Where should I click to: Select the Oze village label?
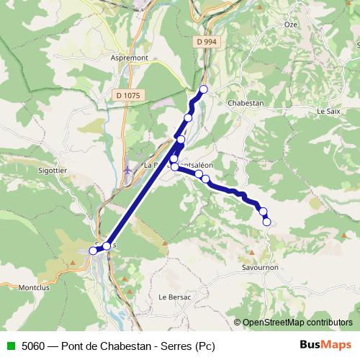[x=290, y=24]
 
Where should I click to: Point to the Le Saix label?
[x=328, y=112]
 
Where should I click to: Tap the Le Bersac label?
[x=173, y=297]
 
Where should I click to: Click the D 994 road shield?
[x=206, y=42]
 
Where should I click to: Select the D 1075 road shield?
[x=128, y=94]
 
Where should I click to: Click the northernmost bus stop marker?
[x=203, y=89]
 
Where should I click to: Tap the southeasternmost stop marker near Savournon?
[x=266, y=222]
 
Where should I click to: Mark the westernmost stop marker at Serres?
[x=93, y=251]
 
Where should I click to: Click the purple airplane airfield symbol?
[x=128, y=170]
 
